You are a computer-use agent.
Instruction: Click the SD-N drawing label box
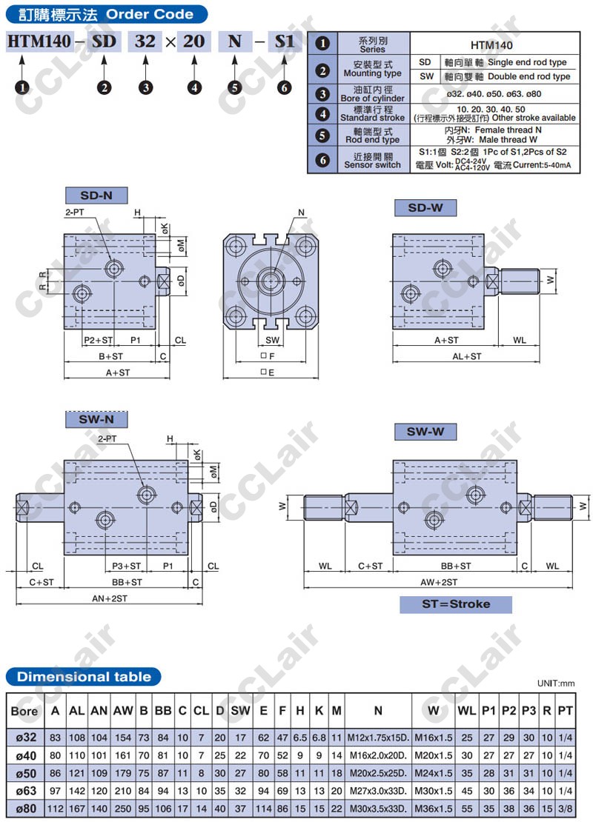(96, 196)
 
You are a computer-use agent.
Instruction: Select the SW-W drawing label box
(425, 432)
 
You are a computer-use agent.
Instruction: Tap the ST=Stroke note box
(456, 604)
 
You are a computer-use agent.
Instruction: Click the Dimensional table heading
(84, 677)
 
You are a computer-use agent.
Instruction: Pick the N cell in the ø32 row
(378, 738)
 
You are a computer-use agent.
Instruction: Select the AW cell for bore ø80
(123, 809)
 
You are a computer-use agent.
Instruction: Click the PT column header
(565, 711)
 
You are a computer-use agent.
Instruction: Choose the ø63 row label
(26, 791)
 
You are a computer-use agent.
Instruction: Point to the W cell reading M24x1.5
(434, 773)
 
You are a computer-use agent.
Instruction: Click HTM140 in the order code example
(39, 41)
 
